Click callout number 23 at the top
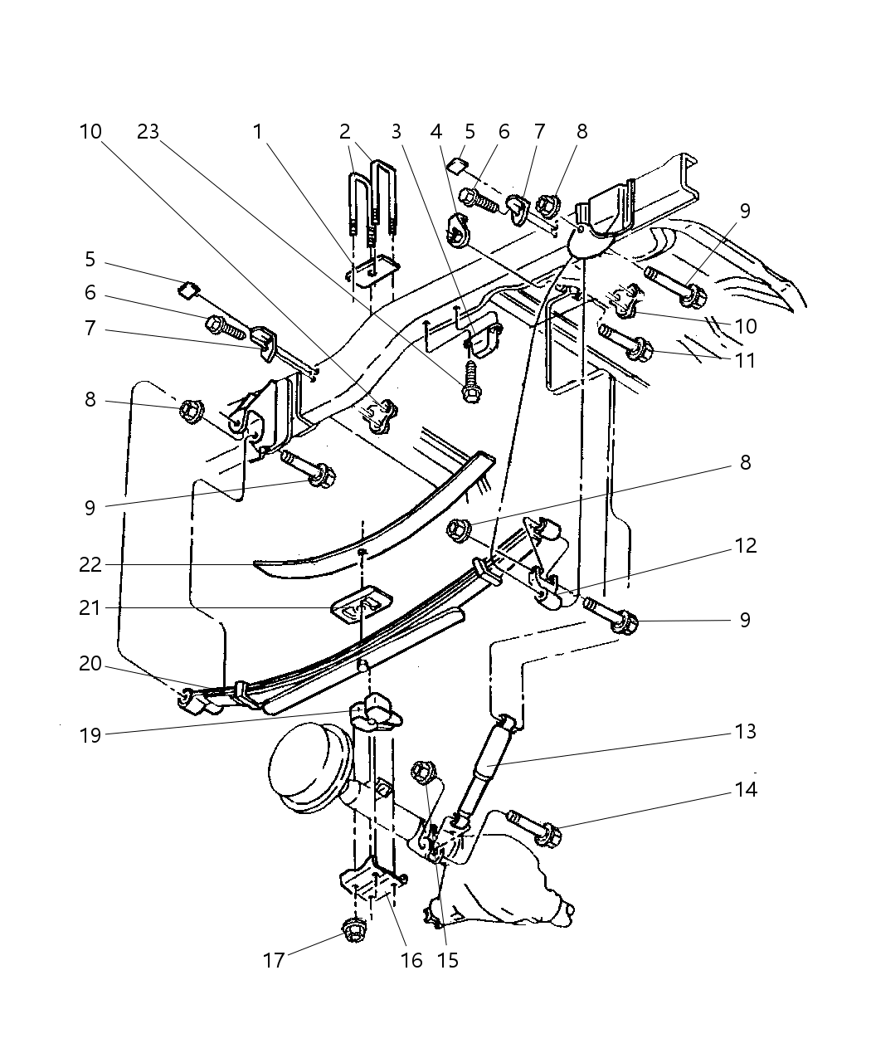tap(148, 132)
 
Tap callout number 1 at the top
tap(257, 132)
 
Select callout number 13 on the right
tap(746, 731)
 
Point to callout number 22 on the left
tap(90, 564)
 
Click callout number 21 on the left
tap(90, 607)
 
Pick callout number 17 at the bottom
tap(274, 960)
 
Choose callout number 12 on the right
tap(746, 546)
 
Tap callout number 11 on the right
tap(745, 361)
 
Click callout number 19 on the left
tap(90, 736)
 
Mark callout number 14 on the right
tap(746, 789)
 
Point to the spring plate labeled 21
tap(362, 606)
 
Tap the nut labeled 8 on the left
tap(192, 412)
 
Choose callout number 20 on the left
tap(90, 664)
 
